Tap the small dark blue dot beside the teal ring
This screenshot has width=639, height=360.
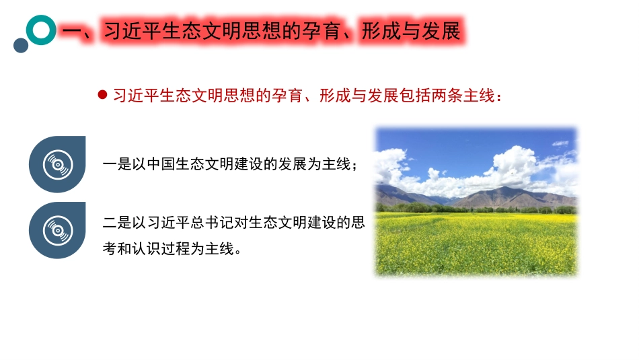tap(21, 45)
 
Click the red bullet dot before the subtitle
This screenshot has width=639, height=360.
tap(102, 95)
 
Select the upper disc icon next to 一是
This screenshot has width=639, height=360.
tap(57, 164)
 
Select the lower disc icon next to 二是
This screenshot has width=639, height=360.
tap(57, 230)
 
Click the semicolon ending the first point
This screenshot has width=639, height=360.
tap(354, 166)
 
